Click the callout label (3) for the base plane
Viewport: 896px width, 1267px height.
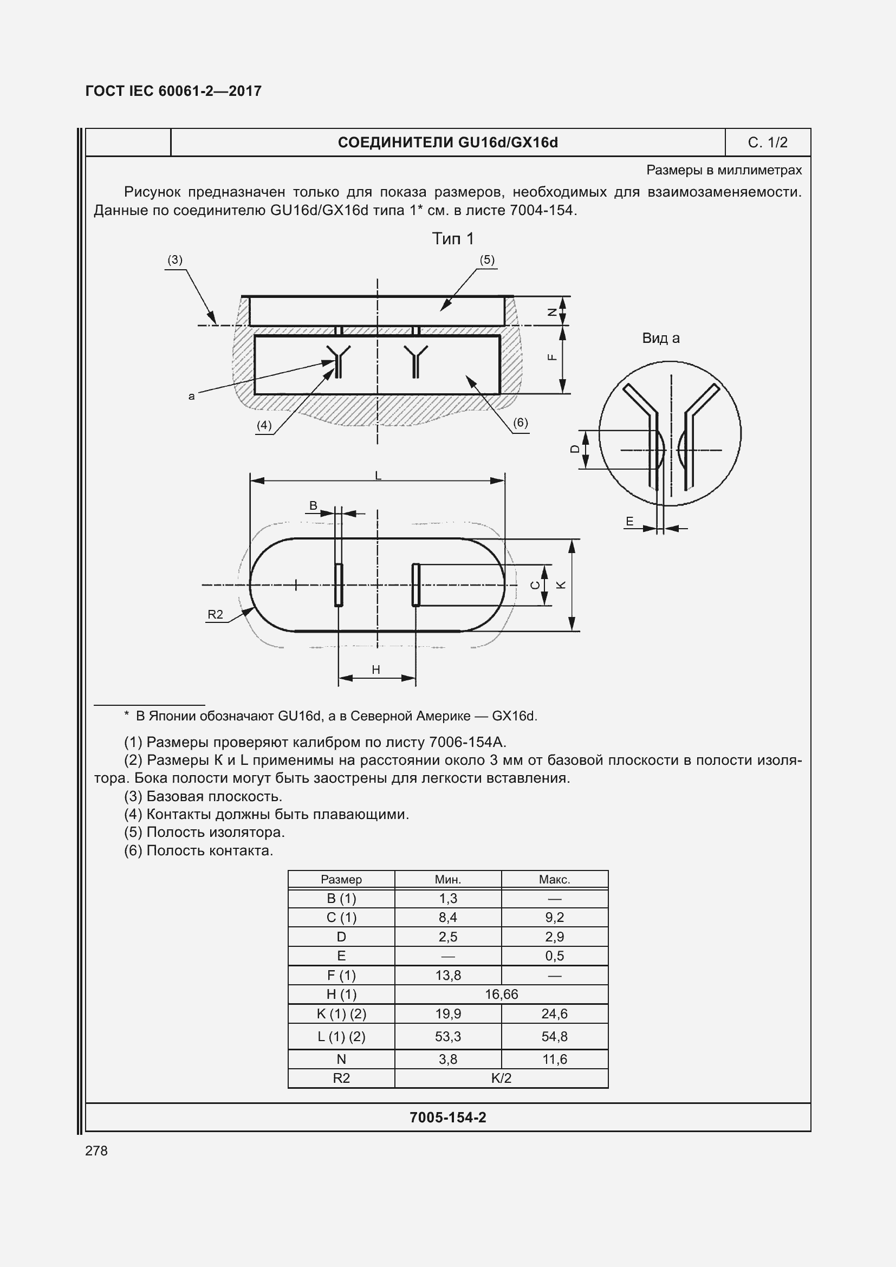pyautogui.click(x=175, y=260)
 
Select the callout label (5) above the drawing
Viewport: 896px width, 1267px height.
pyautogui.click(x=486, y=260)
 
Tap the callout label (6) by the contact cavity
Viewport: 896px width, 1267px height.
pyautogui.click(x=520, y=423)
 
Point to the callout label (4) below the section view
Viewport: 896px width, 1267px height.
pyautogui.click(x=264, y=425)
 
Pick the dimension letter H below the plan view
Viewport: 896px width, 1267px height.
pyautogui.click(x=376, y=670)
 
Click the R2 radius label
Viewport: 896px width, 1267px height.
pyautogui.click(x=215, y=615)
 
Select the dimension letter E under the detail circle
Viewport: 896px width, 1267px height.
pyautogui.click(x=629, y=522)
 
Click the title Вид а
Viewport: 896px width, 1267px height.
pyautogui.click(x=660, y=338)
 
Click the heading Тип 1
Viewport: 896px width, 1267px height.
pyautogui.click(x=452, y=239)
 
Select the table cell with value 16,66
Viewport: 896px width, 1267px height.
pyautogui.click(x=501, y=995)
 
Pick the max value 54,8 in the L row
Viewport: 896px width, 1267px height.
pyautogui.click(x=555, y=1036)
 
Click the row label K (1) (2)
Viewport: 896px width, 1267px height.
pyautogui.click(x=341, y=1013)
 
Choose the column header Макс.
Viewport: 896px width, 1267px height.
pyautogui.click(x=555, y=880)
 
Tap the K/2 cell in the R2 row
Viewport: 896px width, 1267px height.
pyautogui.click(x=501, y=1078)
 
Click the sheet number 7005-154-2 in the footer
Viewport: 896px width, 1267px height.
pyautogui.click(x=447, y=1117)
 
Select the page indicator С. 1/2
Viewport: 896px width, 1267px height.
pyautogui.click(x=768, y=143)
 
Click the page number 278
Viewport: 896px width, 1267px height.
pyautogui.click(x=96, y=1151)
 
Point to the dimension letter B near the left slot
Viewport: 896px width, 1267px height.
pyautogui.click(x=313, y=505)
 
